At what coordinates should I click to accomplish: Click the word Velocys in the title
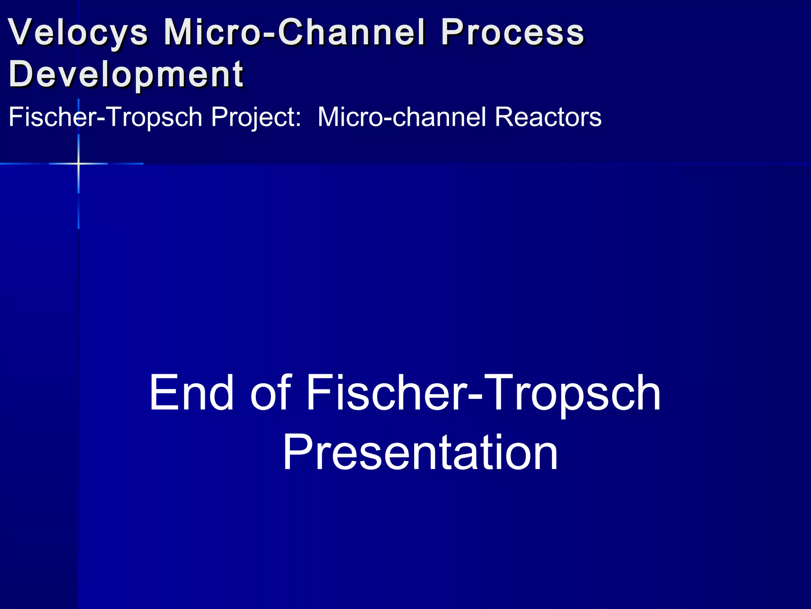78,33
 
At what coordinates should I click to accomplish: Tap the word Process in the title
512,33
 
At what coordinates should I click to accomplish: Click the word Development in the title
126,74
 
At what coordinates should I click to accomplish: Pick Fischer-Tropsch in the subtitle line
105,117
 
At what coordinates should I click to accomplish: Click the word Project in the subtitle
253,117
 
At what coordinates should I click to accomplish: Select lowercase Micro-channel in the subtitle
402,117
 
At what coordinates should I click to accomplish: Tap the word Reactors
548,117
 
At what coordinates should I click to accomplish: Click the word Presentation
420,453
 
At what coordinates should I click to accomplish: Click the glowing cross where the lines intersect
78,163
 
